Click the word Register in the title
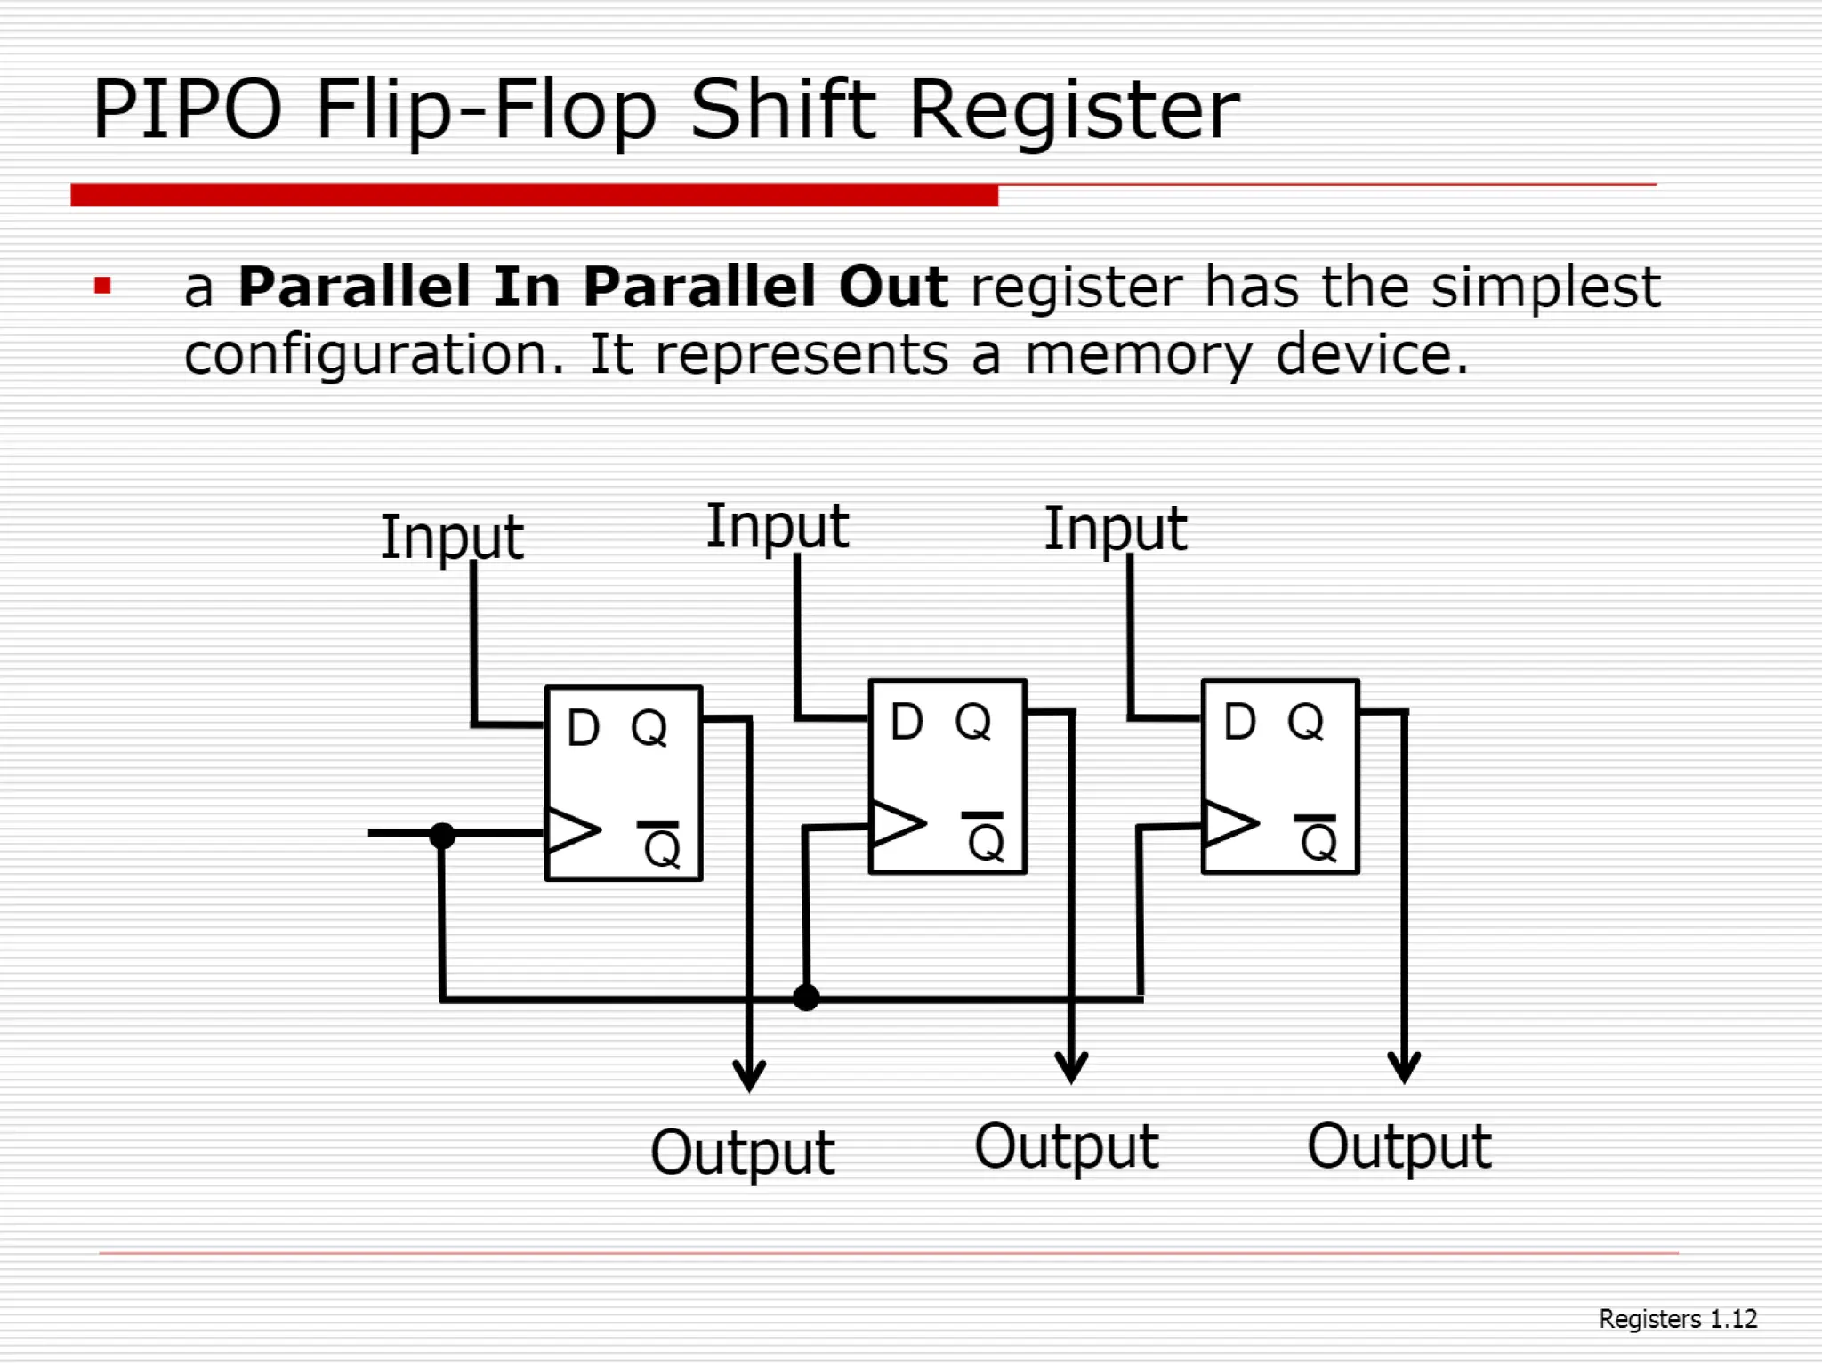click(1073, 111)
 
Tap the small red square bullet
click(102, 286)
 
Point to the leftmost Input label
click(452, 537)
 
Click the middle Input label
click(777, 526)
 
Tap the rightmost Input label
click(1115, 529)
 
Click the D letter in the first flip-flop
click(583, 728)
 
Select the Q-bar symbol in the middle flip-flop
click(985, 837)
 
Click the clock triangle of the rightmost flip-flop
click(1229, 824)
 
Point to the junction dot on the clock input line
click(442, 835)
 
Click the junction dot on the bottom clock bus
click(806, 998)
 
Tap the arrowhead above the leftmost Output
click(749, 1074)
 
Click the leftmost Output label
click(742, 1153)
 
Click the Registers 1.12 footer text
click(1677, 1319)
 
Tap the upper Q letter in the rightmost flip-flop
click(1305, 722)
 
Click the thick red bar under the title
click(534, 195)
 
